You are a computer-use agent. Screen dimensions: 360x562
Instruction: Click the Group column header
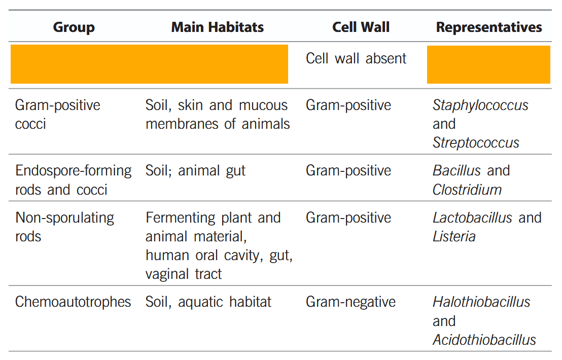[x=74, y=27]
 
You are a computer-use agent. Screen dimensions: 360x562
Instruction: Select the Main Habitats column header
[x=217, y=27]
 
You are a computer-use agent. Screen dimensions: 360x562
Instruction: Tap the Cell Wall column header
[x=361, y=27]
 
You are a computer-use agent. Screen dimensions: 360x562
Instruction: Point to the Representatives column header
[x=489, y=27]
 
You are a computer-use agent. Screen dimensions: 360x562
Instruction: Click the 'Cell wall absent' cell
[x=356, y=58]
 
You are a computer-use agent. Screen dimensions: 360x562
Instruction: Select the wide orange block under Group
[x=149, y=64]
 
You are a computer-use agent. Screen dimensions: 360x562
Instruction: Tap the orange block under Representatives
[x=488, y=64]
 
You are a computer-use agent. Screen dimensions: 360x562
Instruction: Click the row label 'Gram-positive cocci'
[x=58, y=114]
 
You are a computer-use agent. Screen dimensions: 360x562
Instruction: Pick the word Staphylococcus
[x=480, y=105]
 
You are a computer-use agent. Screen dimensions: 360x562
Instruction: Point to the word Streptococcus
[x=476, y=142]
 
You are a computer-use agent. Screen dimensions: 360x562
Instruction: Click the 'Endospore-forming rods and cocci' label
[x=73, y=179]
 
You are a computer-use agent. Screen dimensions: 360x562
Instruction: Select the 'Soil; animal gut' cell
[x=195, y=170]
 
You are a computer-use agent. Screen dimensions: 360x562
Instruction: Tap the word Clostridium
[x=467, y=189]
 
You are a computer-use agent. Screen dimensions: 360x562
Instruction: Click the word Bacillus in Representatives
[x=456, y=170]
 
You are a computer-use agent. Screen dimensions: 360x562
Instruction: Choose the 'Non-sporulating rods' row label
[x=64, y=227]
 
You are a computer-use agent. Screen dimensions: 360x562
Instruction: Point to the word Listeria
[x=454, y=236]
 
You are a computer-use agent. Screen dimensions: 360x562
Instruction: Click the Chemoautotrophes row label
[x=73, y=302]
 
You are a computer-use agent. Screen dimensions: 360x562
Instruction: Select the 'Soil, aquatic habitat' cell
[x=208, y=302]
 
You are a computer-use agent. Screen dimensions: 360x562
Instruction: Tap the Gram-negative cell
[x=350, y=302]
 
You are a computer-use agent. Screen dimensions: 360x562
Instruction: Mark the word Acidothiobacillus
[x=484, y=340]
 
